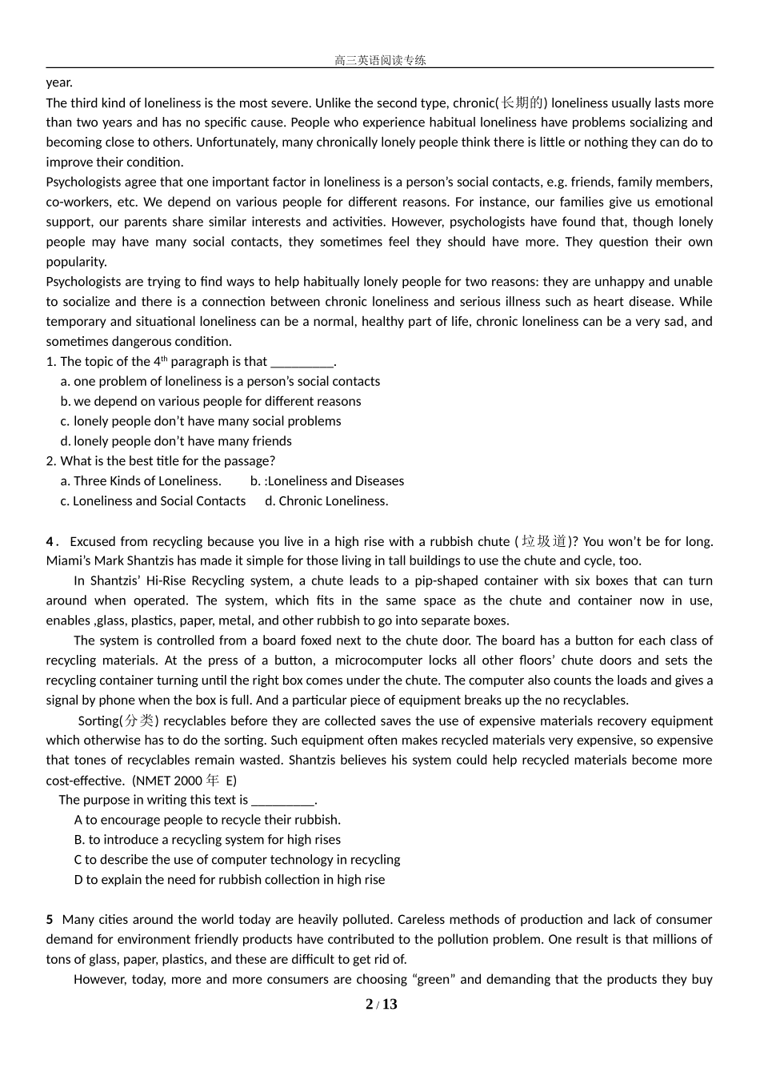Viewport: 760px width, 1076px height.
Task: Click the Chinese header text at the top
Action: tap(380, 60)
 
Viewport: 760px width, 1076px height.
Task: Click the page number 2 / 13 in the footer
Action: tap(381, 1005)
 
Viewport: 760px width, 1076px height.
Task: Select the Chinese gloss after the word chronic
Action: tap(522, 102)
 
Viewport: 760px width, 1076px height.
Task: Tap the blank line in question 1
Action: tap(302, 362)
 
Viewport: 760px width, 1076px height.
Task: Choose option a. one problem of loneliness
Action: tap(220, 382)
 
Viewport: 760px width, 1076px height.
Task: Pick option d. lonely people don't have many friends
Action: tap(176, 441)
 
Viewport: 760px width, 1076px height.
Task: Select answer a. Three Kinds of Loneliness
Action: tap(141, 481)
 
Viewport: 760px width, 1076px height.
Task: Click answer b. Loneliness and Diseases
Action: tap(327, 481)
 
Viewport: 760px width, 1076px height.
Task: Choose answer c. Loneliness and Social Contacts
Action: tap(153, 501)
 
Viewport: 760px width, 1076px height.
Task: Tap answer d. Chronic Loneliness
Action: tap(326, 501)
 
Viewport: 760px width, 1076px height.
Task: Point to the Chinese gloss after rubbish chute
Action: tap(544, 541)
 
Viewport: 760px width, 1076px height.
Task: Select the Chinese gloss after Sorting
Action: tap(140, 721)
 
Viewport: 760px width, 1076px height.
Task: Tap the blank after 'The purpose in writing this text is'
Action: tap(283, 800)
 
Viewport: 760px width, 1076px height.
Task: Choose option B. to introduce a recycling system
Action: tap(207, 840)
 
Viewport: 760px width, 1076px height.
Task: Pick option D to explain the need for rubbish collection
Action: tap(230, 880)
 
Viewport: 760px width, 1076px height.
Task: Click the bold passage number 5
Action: tap(50, 920)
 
